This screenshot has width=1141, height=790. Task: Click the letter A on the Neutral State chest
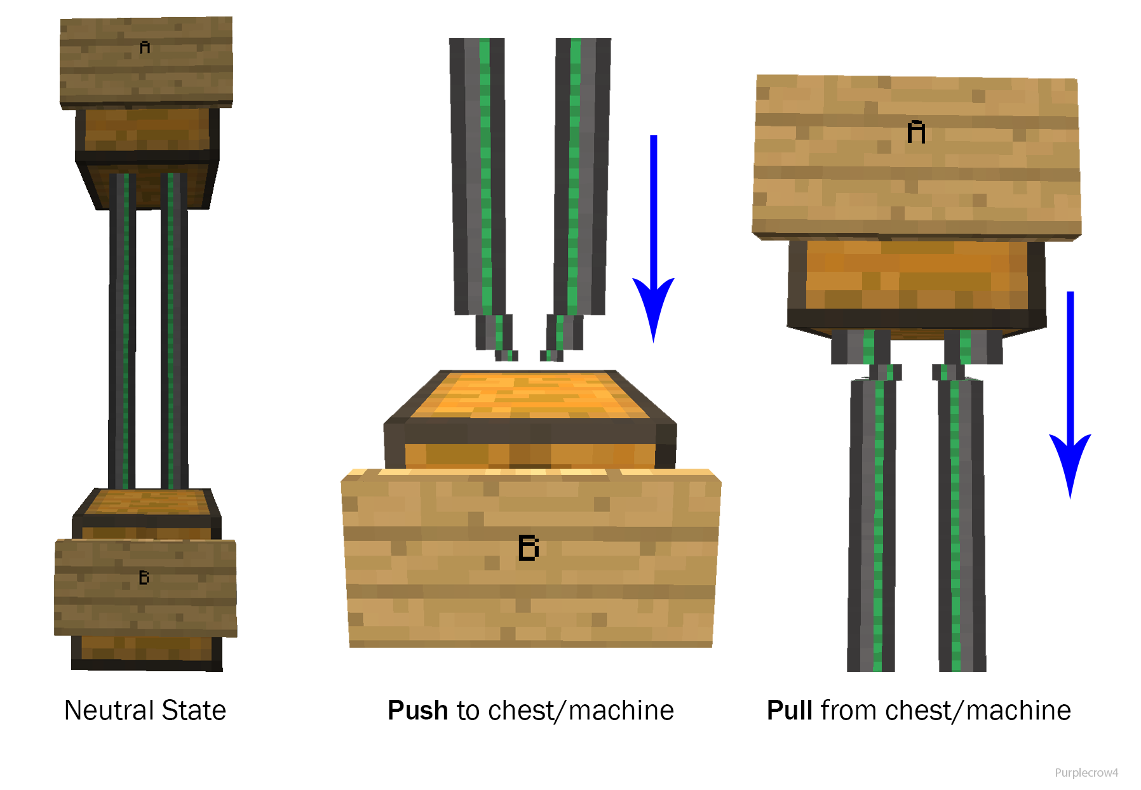click(x=145, y=48)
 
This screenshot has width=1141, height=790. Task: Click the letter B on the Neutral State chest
click(x=144, y=577)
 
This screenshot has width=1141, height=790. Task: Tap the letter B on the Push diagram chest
click(x=529, y=547)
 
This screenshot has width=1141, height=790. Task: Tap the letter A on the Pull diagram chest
click(x=916, y=131)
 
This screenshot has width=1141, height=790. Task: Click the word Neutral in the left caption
click(x=109, y=710)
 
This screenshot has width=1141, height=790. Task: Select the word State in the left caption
click(x=194, y=710)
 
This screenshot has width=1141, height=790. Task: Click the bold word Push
click(x=417, y=710)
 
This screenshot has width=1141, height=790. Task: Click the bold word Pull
click(x=789, y=710)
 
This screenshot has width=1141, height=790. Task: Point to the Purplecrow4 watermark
click(x=1086, y=772)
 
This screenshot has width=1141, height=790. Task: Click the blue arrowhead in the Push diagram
click(x=653, y=305)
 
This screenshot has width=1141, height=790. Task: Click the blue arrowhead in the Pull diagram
click(x=1070, y=460)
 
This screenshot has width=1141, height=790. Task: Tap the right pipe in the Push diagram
click(x=581, y=178)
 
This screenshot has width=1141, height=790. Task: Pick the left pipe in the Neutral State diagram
click(x=122, y=330)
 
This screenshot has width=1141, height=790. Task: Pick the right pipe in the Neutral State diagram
click(x=174, y=330)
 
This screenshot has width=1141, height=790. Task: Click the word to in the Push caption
click(x=468, y=710)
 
